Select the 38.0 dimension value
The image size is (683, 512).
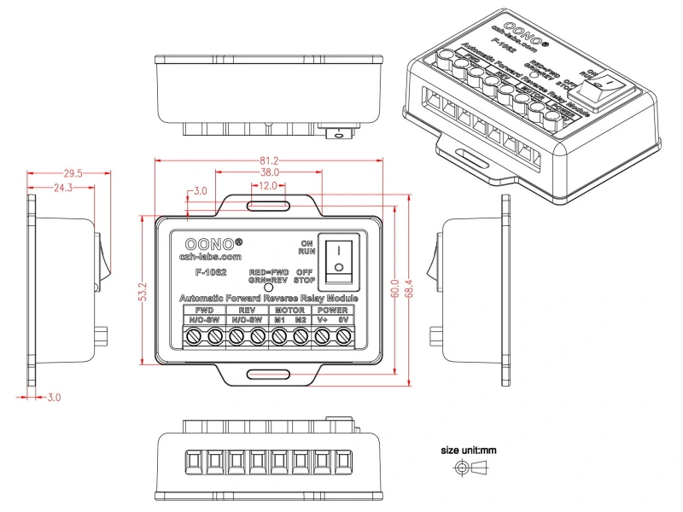pos(270,172)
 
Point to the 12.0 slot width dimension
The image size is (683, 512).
pos(268,185)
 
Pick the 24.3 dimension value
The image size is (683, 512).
pos(62,187)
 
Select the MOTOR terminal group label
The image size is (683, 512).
pos(290,310)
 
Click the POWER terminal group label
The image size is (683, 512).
pos(332,310)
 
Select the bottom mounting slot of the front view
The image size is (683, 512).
pos(268,375)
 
